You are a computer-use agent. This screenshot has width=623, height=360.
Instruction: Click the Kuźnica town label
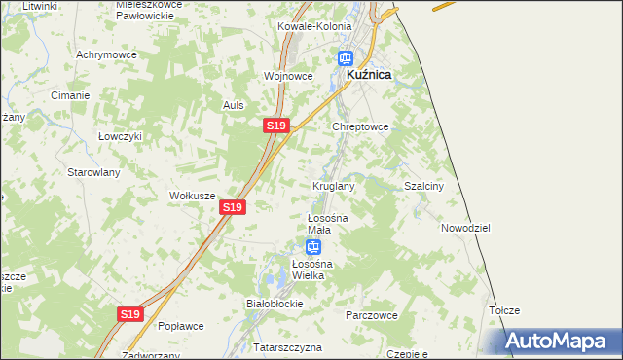tap(369, 74)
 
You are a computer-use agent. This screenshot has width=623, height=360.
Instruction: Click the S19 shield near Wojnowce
tap(275, 126)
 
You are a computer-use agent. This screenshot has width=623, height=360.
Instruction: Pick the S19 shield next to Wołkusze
tap(232, 207)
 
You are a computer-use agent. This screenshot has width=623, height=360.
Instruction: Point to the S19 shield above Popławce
tap(131, 314)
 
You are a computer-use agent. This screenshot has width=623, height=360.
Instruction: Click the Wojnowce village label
tap(287, 75)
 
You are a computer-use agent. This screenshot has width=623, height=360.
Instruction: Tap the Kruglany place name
tap(333, 185)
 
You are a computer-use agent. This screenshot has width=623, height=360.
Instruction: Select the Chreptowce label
tap(361, 126)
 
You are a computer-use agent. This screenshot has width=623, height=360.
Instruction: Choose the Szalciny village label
tap(423, 186)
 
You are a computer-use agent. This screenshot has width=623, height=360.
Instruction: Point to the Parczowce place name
tap(372, 315)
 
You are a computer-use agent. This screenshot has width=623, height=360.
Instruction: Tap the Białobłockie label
tap(275, 304)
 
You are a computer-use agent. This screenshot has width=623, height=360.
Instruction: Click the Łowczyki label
tap(121, 136)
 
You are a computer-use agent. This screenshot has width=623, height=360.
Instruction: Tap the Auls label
tap(233, 105)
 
